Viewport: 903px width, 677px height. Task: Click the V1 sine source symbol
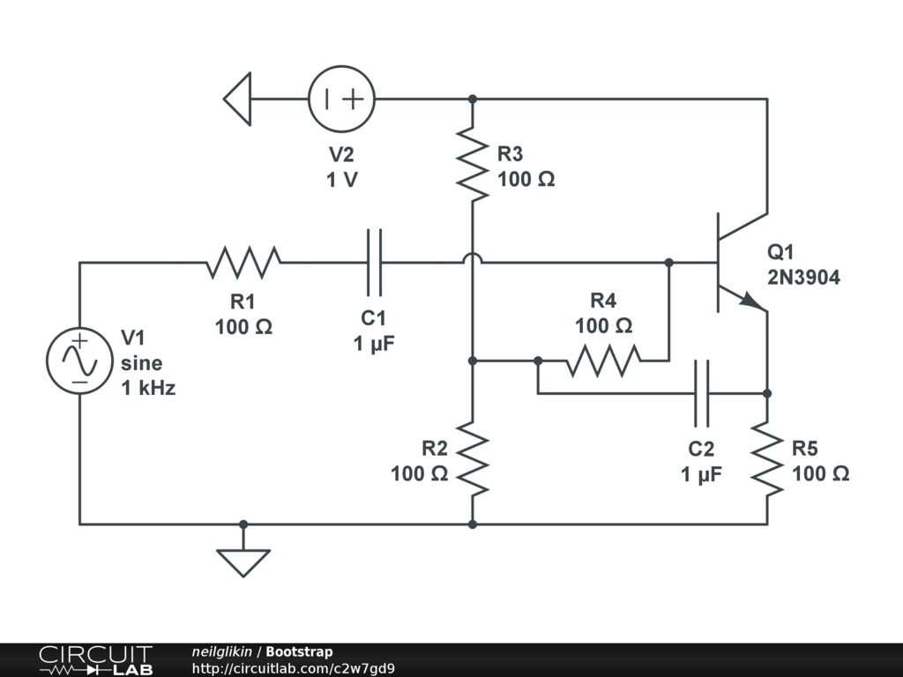pyautogui.click(x=79, y=361)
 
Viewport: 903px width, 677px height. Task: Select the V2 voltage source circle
pyautogui.click(x=342, y=99)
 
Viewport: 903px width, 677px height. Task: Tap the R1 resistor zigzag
pyautogui.click(x=243, y=262)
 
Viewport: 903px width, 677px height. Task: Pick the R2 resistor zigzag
pyautogui.click(x=473, y=459)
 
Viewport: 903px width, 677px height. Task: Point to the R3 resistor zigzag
pyautogui.click(x=473, y=164)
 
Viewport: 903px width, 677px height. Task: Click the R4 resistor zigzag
pyautogui.click(x=604, y=360)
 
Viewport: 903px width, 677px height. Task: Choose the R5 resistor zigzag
pyautogui.click(x=767, y=459)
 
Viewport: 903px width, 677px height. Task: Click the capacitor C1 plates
pyautogui.click(x=375, y=262)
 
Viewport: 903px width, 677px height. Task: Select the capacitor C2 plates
pyautogui.click(x=702, y=393)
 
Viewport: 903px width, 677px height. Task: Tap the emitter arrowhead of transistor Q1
pyautogui.click(x=752, y=301)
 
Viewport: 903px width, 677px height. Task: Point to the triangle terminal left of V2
pyautogui.click(x=238, y=99)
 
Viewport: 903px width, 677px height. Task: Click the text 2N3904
pyautogui.click(x=803, y=279)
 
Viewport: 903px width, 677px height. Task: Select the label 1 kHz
pyautogui.click(x=148, y=387)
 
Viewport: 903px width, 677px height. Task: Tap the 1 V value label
pyautogui.click(x=342, y=179)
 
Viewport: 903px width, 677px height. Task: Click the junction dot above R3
pyautogui.click(x=473, y=99)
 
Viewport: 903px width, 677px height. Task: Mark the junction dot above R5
pyautogui.click(x=767, y=393)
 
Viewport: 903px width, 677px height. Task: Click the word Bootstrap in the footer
pyautogui.click(x=299, y=652)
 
